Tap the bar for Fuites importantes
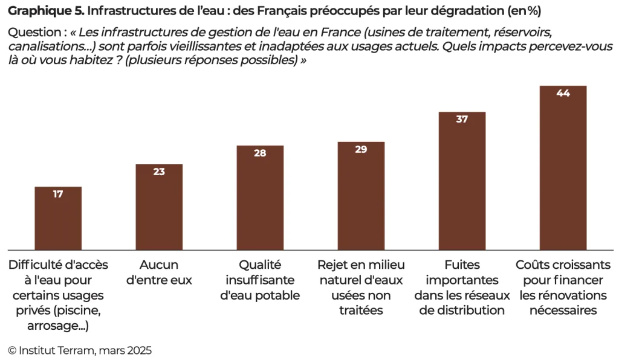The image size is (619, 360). (462, 181)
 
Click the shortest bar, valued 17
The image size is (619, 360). (58, 218)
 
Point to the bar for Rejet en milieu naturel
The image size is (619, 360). (361, 196)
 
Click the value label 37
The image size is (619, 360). (462, 119)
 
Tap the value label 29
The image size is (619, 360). (361, 149)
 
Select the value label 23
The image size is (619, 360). (159, 172)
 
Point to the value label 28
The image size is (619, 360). (260, 153)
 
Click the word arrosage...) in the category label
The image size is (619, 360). (58, 327)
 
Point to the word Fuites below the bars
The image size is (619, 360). (462, 265)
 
